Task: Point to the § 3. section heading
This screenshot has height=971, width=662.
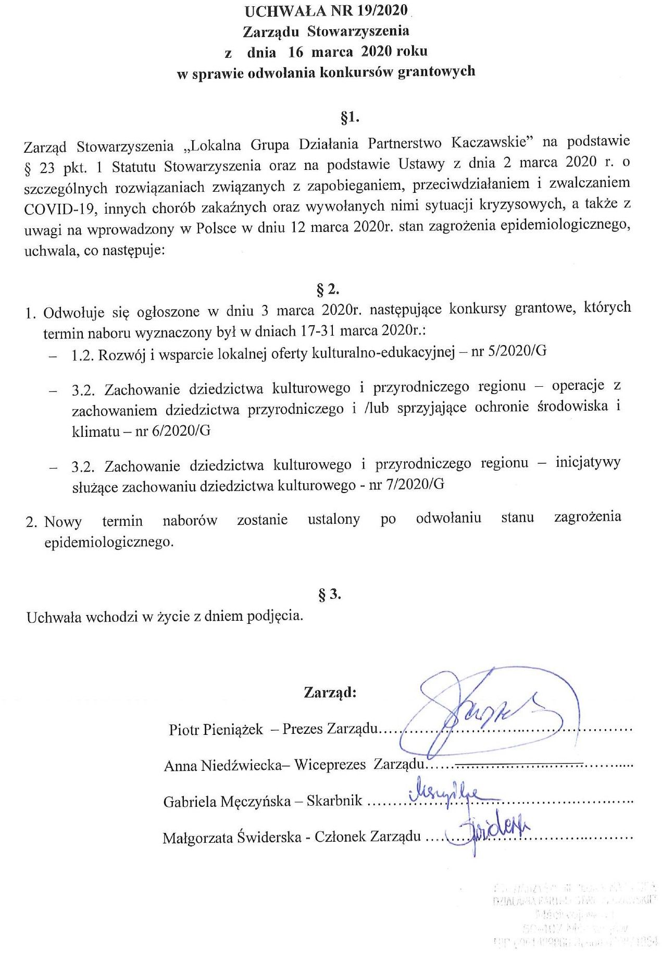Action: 329,594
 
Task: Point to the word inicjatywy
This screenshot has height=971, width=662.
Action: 588,462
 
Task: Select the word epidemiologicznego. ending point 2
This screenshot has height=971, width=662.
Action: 109,542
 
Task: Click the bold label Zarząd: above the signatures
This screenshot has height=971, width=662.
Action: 330,693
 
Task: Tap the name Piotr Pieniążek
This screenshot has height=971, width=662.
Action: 216,729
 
